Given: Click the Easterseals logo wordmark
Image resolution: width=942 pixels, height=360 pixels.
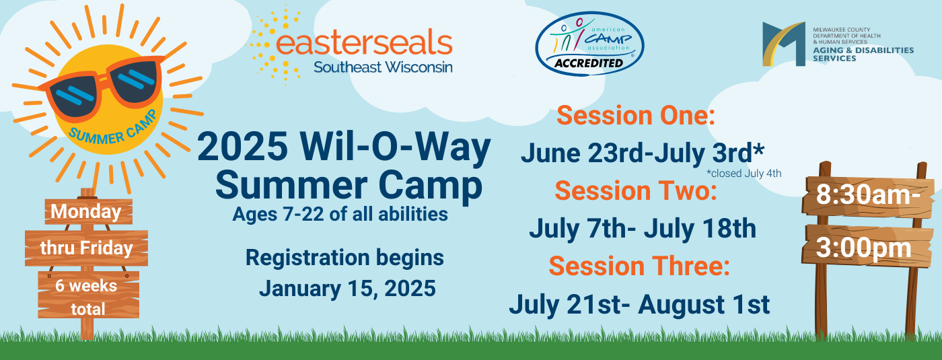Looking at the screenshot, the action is pos(364,43).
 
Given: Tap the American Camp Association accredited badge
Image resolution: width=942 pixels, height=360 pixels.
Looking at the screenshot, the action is pos(589,43).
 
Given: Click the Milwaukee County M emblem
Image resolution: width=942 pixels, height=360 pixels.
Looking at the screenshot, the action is pos(784,44).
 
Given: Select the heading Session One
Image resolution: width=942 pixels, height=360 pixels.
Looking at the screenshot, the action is pos(636,115).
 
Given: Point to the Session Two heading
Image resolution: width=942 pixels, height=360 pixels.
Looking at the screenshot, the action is pos(636,191).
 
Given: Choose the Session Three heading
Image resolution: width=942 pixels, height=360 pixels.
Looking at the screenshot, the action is pos(639,266).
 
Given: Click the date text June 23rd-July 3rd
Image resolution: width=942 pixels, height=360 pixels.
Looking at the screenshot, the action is pos(642,153).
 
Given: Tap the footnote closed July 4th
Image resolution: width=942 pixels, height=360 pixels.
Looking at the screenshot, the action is pos(744,174).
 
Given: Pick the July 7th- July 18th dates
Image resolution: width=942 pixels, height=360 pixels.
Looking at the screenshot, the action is pos(642,228).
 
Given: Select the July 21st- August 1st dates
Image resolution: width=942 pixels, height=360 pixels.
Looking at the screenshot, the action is pos(639,304).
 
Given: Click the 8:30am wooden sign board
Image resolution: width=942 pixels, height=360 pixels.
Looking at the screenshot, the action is pos(868,196).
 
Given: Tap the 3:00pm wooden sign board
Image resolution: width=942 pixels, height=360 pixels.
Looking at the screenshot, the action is pos(867,247).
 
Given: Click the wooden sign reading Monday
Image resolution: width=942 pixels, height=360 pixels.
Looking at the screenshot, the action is pos(88,211).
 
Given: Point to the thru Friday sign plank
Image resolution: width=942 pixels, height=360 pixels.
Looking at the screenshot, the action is pos(86,248).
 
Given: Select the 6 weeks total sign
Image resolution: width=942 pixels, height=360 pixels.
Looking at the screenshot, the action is pos(88,295).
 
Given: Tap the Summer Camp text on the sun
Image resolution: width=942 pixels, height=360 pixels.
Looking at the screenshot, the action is pos(113,128).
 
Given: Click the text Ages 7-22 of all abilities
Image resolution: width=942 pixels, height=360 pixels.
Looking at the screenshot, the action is pos(340,214).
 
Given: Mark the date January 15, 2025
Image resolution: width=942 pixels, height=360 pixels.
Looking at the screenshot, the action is pos(347,289).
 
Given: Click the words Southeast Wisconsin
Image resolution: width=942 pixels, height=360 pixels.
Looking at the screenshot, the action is pos(383,67).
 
